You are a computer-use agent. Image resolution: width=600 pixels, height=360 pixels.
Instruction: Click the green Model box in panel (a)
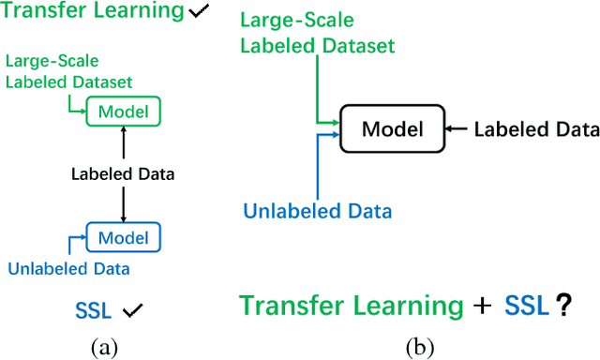123,112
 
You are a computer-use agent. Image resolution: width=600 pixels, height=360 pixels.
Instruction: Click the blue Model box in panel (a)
123,234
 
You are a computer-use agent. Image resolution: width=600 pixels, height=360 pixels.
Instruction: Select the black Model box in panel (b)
392,129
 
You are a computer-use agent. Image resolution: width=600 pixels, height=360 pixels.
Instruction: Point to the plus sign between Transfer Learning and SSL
483,307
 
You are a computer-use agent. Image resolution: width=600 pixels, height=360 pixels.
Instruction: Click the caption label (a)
104,348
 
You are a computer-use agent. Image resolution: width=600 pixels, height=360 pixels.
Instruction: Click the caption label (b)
419,348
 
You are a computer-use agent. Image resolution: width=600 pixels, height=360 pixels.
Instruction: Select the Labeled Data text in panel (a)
123,173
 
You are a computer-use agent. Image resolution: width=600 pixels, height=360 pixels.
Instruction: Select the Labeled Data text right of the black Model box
535,129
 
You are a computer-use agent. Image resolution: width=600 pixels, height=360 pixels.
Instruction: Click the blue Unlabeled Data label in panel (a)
68,269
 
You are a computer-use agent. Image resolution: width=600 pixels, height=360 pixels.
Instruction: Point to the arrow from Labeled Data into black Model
459,129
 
